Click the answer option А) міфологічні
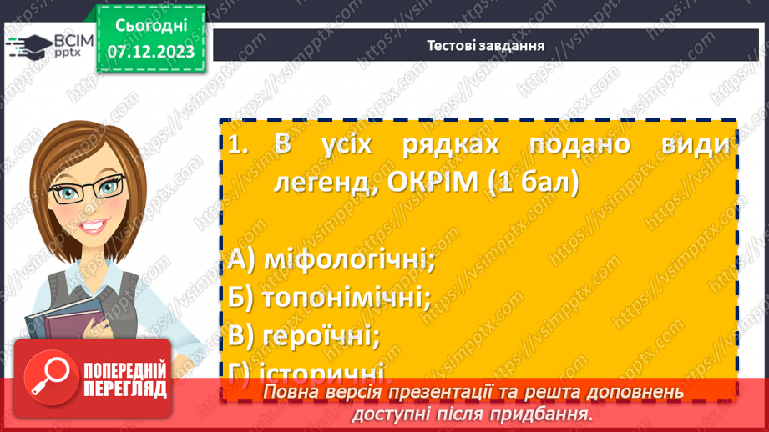click(x=332, y=260)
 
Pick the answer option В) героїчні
click(x=304, y=335)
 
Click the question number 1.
click(x=237, y=144)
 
